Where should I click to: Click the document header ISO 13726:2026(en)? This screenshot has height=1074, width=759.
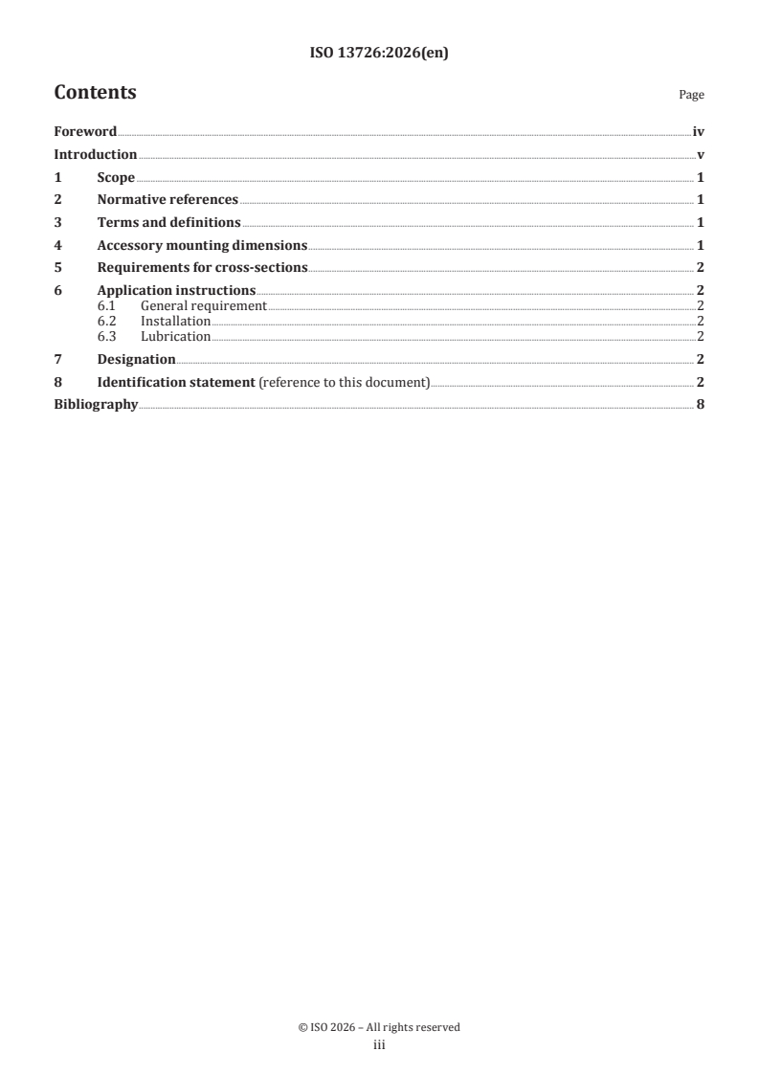(379, 54)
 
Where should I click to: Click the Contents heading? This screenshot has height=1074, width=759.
(95, 93)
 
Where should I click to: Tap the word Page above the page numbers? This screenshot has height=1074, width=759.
(691, 95)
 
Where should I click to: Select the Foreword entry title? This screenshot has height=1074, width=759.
(85, 131)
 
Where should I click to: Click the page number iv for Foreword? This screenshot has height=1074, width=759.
(699, 131)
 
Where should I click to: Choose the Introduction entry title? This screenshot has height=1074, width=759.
(96, 154)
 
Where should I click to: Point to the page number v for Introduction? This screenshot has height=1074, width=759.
(702, 154)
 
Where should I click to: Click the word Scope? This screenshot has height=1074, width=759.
(116, 177)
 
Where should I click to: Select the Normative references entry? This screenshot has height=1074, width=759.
(167, 200)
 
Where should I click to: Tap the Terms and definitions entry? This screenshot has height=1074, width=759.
(168, 223)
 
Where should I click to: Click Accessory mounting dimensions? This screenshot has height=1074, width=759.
(202, 245)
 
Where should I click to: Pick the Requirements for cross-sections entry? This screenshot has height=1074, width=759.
(202, 268)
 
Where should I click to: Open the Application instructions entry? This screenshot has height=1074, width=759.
(176, 290)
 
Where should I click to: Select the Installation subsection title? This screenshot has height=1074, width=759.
(175, 321)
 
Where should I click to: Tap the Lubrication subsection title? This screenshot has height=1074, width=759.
(175, 336)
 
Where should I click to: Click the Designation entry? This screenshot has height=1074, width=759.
(136, 359)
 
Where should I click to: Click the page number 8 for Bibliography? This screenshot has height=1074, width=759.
(702, 405)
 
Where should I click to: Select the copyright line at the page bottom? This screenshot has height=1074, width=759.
(379, 1027)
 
